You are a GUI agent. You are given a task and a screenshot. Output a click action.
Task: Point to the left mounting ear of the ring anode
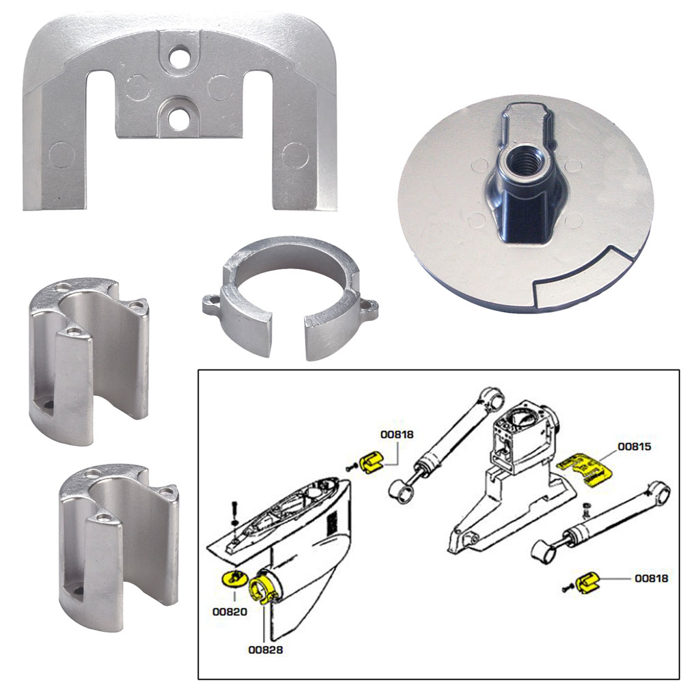[x=212, y=301]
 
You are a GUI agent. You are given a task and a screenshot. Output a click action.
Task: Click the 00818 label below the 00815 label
[x=651, y=578]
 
